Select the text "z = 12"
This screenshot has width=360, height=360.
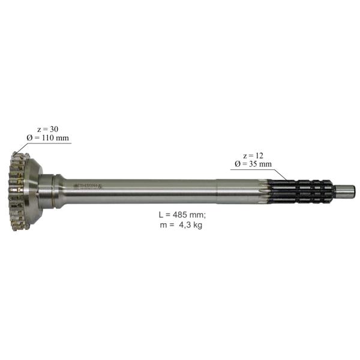(x=248, y=155)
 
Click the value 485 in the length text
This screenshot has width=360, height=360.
(x=178, y=214)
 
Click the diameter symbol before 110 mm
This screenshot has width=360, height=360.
(x=28, y=139)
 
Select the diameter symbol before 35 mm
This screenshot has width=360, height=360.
(x=238, y=164)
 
